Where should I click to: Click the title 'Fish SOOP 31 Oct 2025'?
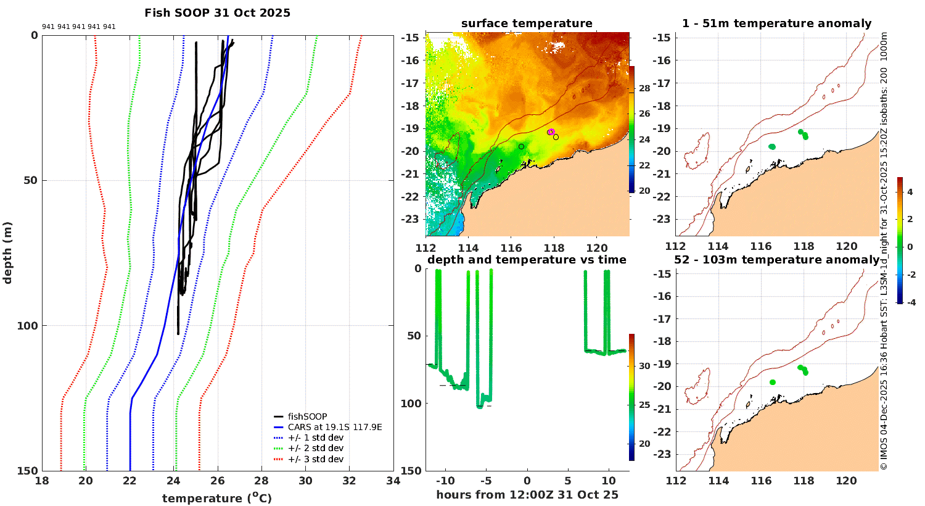click(217, 13)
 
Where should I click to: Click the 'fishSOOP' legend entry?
click(307, 417)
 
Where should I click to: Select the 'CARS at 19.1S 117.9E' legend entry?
click(335, 427)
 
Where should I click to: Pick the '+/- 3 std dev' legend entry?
click(315, 459)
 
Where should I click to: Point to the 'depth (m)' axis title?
click(7, 252)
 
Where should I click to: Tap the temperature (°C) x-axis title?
click(216, 498)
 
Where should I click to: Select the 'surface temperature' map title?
click(527, 24)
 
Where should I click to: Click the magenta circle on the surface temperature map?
click(551, 132)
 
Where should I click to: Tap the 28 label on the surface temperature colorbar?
click(644, 89)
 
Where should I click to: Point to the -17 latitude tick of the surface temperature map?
click(412, 83)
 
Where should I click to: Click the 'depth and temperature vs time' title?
click(527, 260)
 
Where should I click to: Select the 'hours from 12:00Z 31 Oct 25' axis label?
click(527, 495)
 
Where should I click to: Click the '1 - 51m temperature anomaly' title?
click(776, 24)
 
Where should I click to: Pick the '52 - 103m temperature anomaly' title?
click(776, 260)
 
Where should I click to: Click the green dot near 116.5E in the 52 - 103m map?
click(773, 383)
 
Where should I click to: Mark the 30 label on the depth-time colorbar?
click(644, 366)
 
